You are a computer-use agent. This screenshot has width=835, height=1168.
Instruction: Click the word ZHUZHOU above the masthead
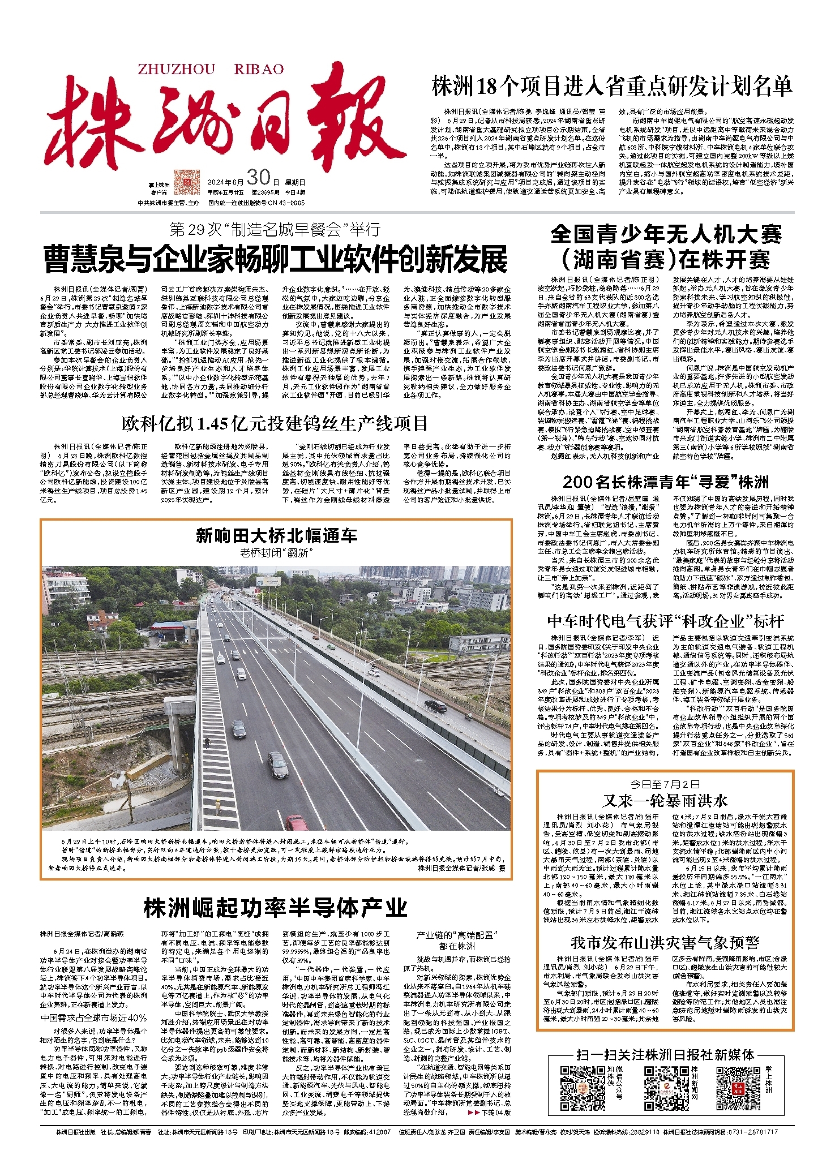176,69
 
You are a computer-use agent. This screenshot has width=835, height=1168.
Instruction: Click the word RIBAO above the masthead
259,69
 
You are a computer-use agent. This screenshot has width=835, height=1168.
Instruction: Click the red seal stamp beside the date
187,182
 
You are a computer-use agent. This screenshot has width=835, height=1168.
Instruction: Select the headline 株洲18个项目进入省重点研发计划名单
611,87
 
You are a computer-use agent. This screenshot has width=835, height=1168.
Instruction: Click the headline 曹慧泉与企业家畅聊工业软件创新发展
276,260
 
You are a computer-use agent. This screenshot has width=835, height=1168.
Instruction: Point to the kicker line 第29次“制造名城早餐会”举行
275,229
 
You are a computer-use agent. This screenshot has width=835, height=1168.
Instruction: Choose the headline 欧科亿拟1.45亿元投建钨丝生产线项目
275,423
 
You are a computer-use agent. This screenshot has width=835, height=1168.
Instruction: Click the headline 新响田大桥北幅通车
276,535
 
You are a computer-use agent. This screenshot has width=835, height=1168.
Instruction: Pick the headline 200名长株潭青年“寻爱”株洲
666,482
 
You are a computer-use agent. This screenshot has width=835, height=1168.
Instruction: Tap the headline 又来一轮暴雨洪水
665,801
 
